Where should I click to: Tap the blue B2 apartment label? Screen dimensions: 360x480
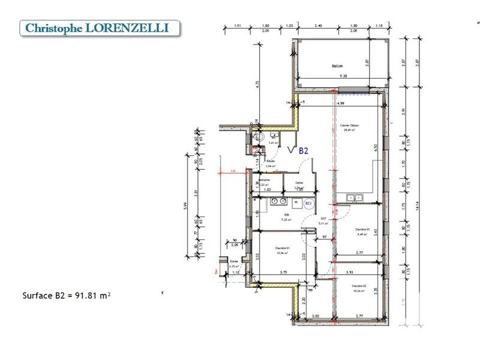click(303, 151)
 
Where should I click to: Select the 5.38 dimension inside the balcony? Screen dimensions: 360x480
click(343, 76)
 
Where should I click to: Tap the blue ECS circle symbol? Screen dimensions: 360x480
click(308, 204)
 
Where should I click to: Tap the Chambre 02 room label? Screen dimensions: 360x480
click(359, 286)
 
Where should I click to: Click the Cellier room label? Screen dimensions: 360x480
click(299, 183)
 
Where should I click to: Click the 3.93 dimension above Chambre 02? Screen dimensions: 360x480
click(350, 272)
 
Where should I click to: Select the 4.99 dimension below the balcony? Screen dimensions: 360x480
click(341, 103)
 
